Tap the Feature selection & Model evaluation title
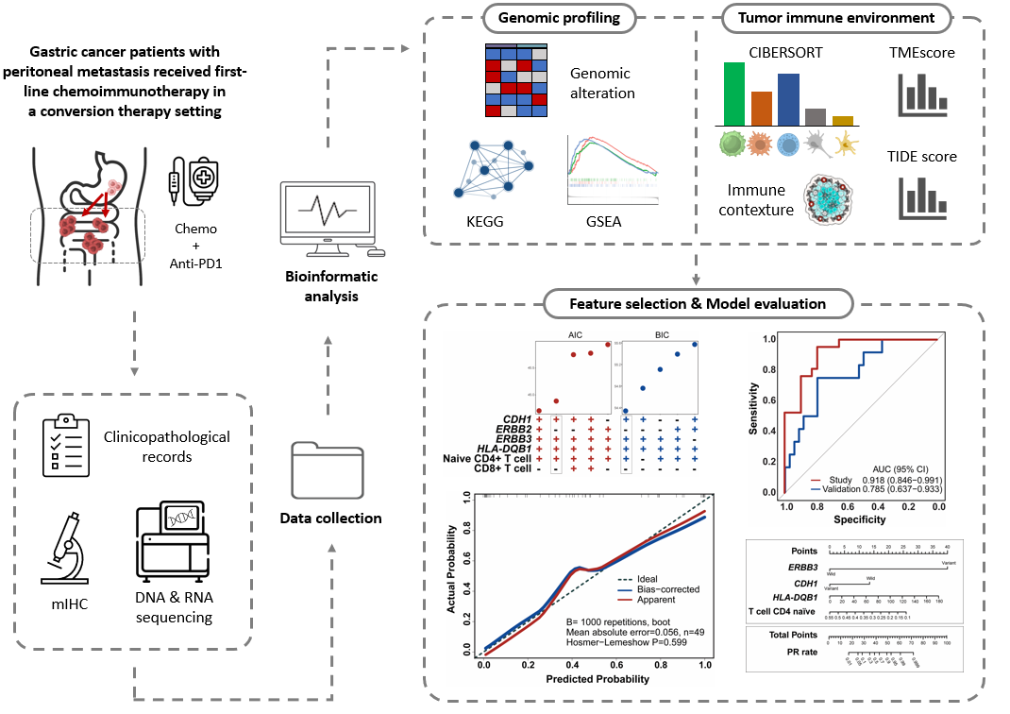[x=698, y=304]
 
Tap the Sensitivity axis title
[x=754, y=407]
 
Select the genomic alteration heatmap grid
[x=515, y=79]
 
